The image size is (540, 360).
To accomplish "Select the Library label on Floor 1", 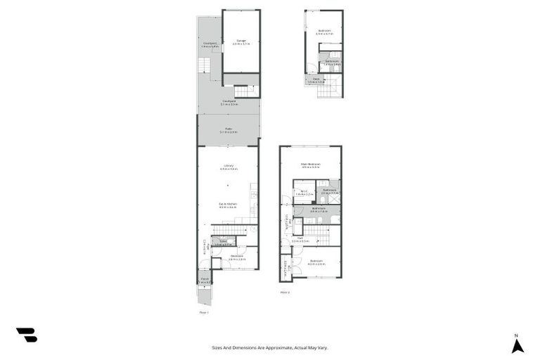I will [x=229, y=167].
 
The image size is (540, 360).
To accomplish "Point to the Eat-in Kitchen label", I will [x=228, y=204].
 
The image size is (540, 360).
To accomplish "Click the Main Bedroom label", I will [x=310, y=165].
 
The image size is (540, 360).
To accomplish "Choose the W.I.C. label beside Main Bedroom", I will [x=303, y=191].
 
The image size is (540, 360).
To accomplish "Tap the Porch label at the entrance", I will [x=205, y=279].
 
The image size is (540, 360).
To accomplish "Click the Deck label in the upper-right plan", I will [x=316, y=79].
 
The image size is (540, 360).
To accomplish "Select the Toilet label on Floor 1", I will [x=223, y=242].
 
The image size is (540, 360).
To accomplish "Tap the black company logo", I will [x=26, y=335].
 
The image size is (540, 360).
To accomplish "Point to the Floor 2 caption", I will [x=285, y=292].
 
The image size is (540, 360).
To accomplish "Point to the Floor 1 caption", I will [x=204, y=311].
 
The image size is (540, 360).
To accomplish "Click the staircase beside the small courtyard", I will [x=203, y=65].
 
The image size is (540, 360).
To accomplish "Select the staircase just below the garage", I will [x=243, y=91].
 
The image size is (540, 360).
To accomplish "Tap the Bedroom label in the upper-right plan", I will [x=324, y=31].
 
